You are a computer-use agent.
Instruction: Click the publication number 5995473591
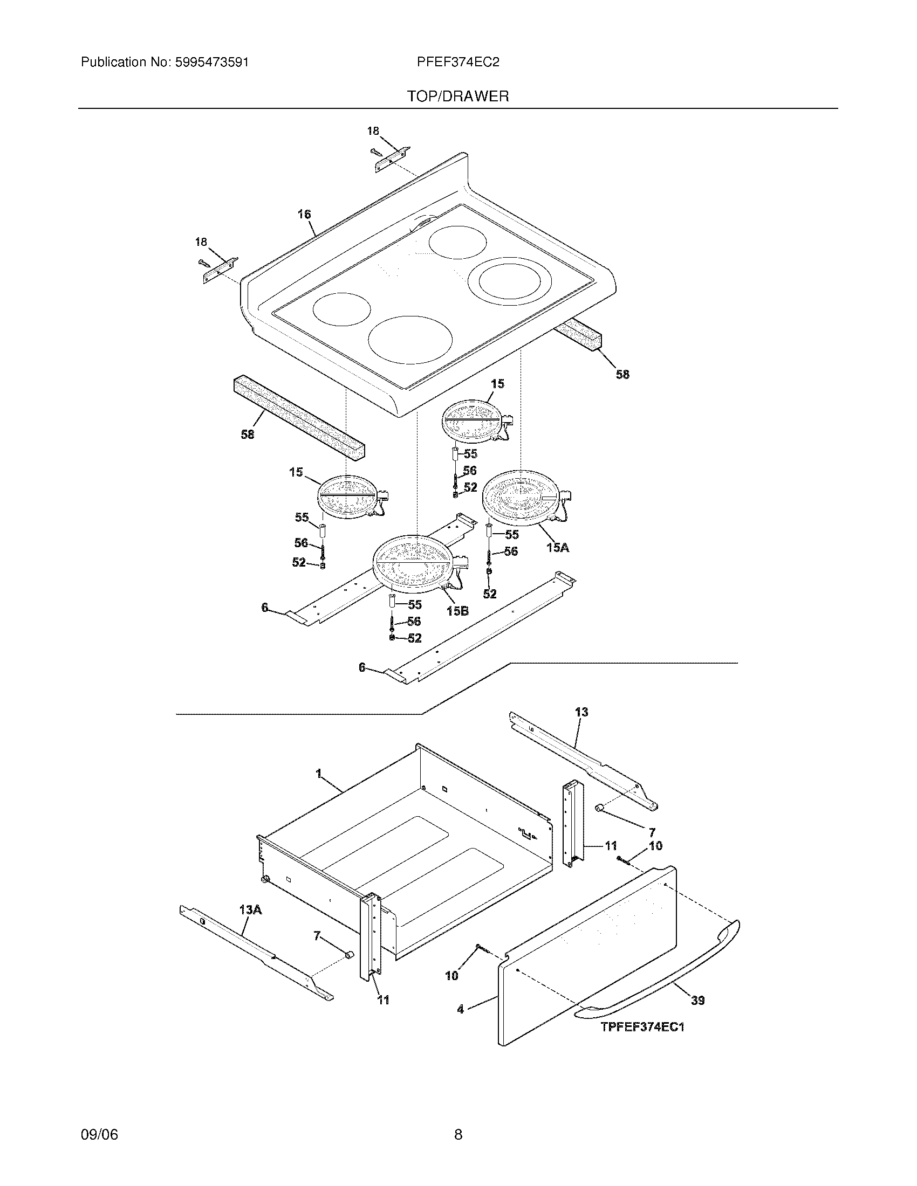[x=211, y=63]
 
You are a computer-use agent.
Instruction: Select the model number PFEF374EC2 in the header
[x=458, y=63]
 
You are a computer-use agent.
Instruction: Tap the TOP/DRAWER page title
[x=458, y=96]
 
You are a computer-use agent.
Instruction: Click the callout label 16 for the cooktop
[x=304, y=215]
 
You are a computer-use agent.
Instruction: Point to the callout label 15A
[x=557, y=547]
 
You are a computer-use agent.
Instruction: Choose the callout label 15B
[x=457, y=611]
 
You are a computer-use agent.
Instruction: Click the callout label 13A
[x=250, y=909]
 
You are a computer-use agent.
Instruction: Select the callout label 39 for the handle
[x=697, y=999]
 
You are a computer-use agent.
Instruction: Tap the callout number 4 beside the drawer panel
[x=461, y=1009]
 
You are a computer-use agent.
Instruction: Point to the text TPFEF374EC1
[x=642, y=1027]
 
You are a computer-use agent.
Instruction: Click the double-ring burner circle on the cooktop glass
[x=505, y=280]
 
